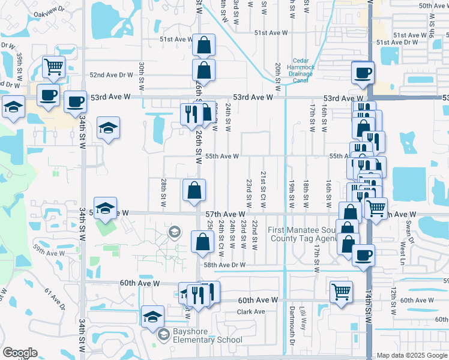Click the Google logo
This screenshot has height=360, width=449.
pos(20,353)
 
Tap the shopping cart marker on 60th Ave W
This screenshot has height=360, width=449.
pos(341,292)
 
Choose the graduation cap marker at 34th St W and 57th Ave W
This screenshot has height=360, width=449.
pos(105,208)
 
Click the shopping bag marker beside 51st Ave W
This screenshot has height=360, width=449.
pos(204,45)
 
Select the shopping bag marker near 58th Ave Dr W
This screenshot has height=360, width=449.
pos(203,242)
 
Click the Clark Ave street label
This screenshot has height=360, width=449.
pos(251,312)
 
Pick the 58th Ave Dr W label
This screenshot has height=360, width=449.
pos(224,265)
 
